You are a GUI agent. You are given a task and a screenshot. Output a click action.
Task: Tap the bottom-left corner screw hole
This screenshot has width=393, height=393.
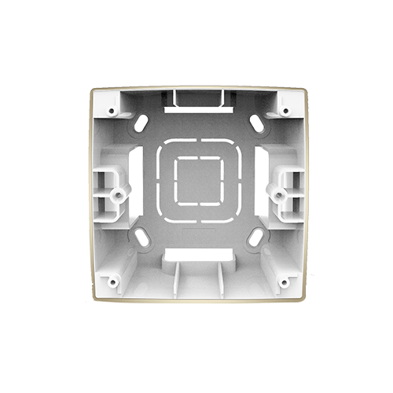[112, 280]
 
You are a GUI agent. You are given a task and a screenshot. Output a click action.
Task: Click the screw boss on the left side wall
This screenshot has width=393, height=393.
[119, 191]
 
